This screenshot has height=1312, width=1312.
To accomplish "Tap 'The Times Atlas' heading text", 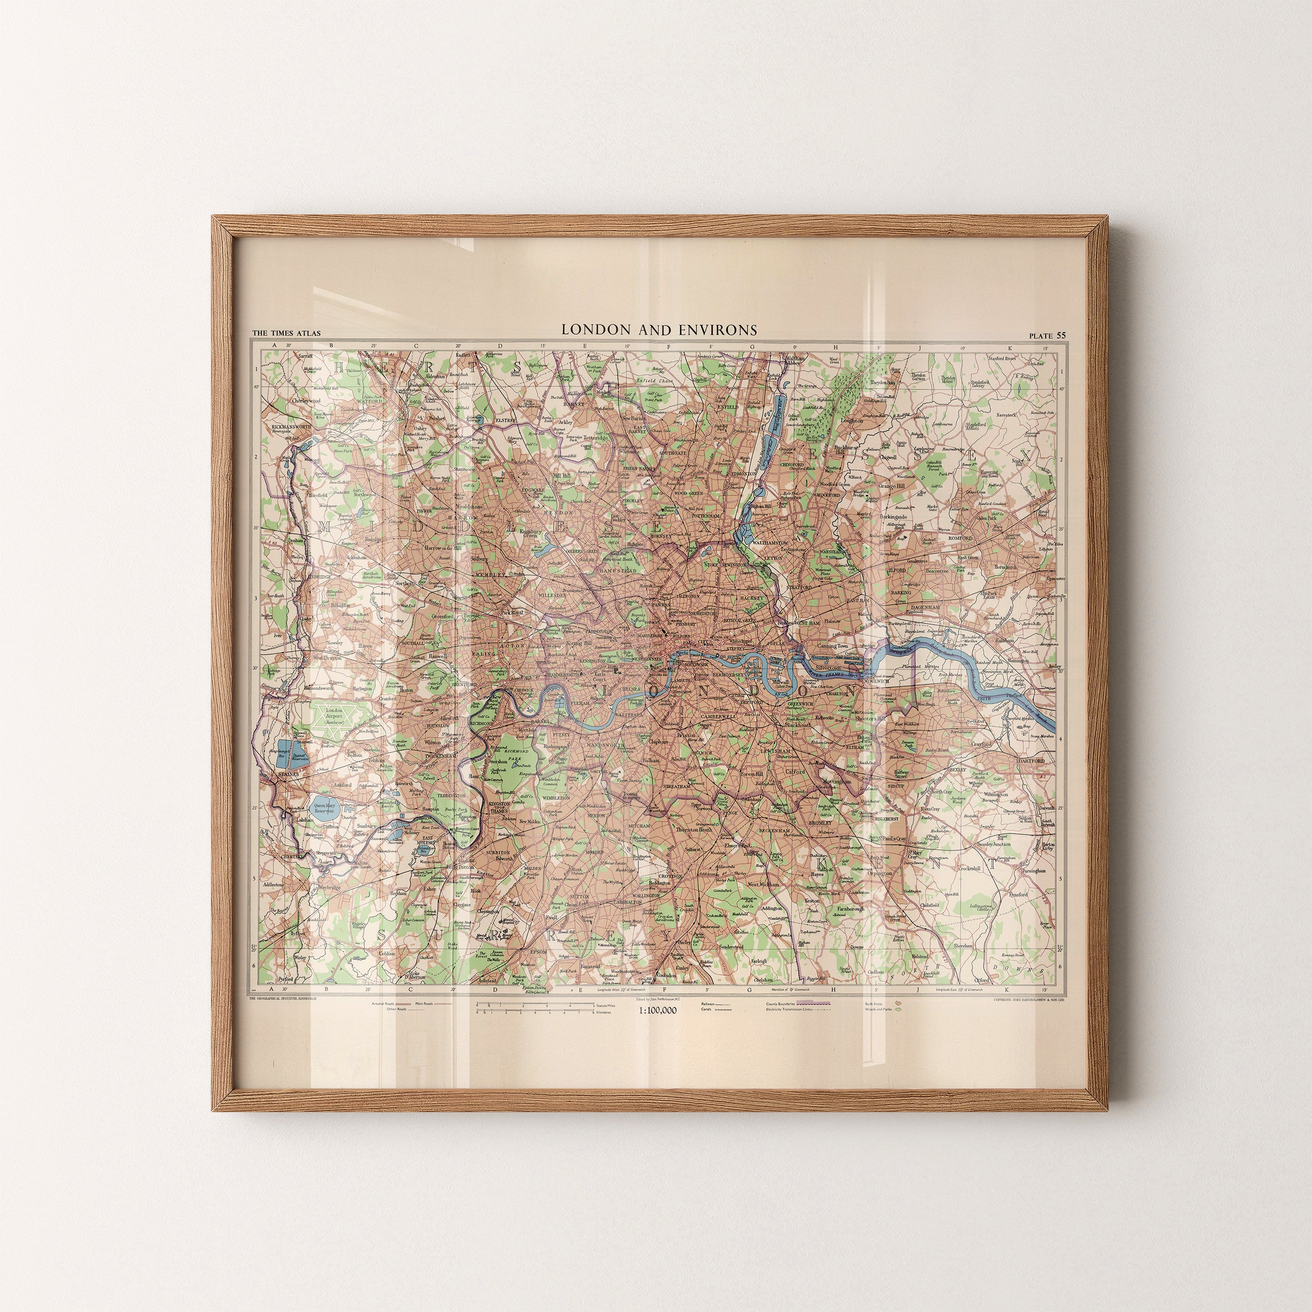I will click(286, 333).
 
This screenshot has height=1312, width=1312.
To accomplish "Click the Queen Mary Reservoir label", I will click(325, 808).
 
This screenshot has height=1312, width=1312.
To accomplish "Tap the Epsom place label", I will click(538, 951).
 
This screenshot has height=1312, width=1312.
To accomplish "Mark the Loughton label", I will click(851, 420).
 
